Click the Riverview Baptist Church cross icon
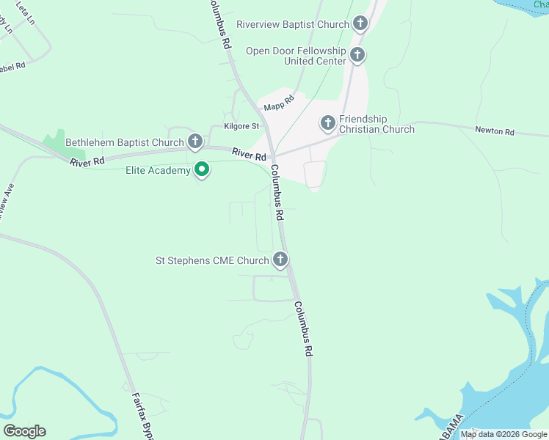pyautogui.click(x=360, y=24)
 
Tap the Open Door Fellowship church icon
pyautogui.click(x=357, y=55)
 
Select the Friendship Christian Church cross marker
pyautogui.click(x=327, y=122)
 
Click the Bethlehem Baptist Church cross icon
pyautogui.click(x=194, y=142)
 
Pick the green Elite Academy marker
pyautogui.click(x=202, y=171)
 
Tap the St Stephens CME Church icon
pyautogui.click(x=280, y=260)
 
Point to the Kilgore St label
pyautogui.click(x=241, y=126)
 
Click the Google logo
pyautogui.click(x=24, y=431)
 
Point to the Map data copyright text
pyautogui.click(x=503, y=434)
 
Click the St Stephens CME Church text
pyautogui.click(x=212, y=260)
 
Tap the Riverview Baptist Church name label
pyautogui.click(x=293, y=24)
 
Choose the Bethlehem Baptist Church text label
pyautogui.click(x=124, y=142)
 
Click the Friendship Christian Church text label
pyautogui.click(x=377, y=124)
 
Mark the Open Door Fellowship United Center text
pyautogui.click(x=296, y=56)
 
